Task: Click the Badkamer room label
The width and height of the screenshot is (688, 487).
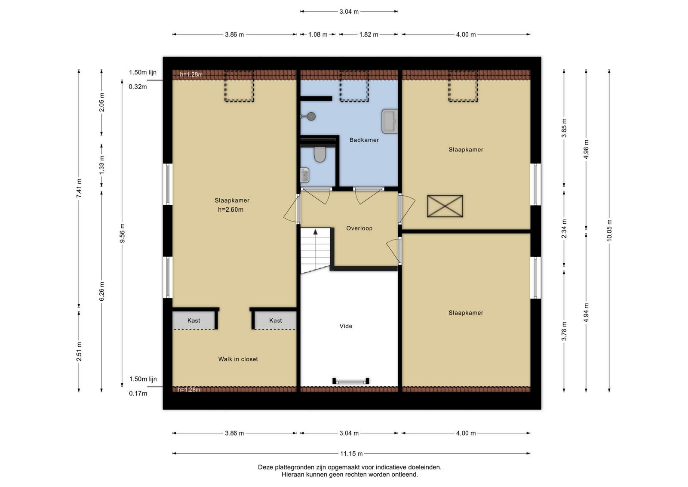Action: [x=364, y=140]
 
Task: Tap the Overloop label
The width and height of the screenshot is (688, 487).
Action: [x=359, y=228]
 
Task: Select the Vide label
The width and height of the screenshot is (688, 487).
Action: [x=346, y=326]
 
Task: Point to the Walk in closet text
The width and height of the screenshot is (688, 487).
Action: [x=238, y=359]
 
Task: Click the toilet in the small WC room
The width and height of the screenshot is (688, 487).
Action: [x=320, y=154]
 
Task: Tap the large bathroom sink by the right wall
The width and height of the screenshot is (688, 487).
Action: [x=390, y=121]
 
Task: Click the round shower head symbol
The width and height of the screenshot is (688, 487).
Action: [x=311, y=117]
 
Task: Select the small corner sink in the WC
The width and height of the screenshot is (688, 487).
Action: [x=304, y=175]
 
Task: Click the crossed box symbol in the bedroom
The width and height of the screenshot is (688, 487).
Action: [x=445, y=206]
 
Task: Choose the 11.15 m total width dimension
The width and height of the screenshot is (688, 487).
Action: [x=351, y=453]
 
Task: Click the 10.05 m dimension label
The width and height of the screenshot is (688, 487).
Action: [x=609, y=230]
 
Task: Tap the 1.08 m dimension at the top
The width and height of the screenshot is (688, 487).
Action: [x=318, y=34]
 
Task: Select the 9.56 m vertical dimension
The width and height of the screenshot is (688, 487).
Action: [x=122, y=233]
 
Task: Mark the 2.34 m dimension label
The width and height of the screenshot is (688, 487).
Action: [x=564, y=229]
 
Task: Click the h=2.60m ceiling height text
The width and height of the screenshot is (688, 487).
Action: [x=230, y=210]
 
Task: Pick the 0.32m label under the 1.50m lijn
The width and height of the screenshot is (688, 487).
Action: [x=138, y=86]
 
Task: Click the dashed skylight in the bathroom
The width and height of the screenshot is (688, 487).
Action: [x=354, y=86]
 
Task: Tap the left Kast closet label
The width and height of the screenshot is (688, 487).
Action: [x=193, y=321]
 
